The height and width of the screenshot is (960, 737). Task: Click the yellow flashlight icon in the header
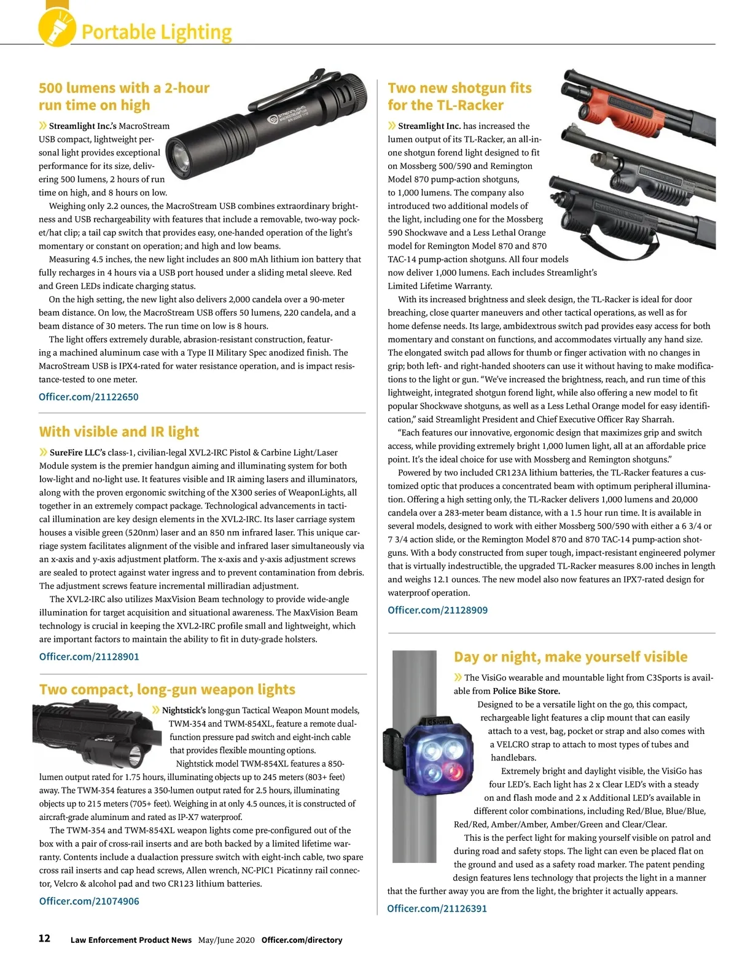[57, 27]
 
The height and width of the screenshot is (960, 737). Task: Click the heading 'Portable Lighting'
[157, 32]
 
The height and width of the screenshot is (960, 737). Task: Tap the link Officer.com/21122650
[88, 397]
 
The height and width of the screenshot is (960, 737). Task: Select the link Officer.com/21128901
[89, 657]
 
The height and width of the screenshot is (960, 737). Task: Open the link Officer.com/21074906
[89, 901]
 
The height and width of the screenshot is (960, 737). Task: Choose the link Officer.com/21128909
[437, 610]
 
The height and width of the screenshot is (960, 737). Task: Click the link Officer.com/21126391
[437, 908]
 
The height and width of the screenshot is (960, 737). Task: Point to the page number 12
[44, 939]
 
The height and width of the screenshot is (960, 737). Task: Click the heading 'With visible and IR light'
[119, 432]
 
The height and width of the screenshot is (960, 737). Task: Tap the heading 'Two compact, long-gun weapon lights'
[167, 689]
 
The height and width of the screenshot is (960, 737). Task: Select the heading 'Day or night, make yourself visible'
[570, 657]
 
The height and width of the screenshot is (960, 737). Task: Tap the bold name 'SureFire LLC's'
[77, 453]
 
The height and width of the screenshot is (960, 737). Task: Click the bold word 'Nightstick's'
[184, 711]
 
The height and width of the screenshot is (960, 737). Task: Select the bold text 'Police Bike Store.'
[526, 691]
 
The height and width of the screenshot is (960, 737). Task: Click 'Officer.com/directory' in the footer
[302, 940]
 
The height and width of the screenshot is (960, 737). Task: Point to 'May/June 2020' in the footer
[226, 940]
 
